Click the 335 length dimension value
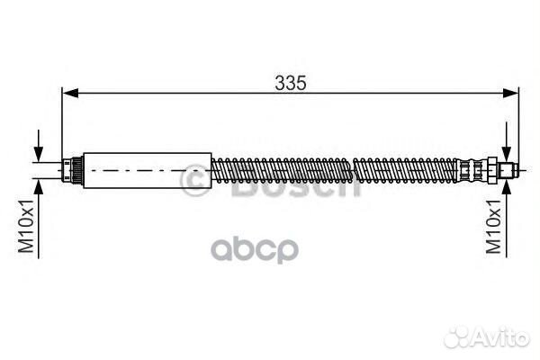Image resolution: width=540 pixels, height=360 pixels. [291, 83]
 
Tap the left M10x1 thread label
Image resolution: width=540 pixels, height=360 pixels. [26, 226]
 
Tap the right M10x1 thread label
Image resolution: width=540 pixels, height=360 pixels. [493, 226]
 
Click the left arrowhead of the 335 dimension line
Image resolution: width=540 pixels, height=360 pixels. [70, 93]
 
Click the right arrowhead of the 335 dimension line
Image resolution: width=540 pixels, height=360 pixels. [510, 93]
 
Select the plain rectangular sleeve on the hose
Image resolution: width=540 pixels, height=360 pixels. [148, 170]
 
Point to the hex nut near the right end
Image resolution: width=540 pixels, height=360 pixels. [491, 169]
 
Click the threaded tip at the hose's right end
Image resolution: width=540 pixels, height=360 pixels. [508, 170]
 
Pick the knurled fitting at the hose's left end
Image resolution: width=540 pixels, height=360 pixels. [73, 170]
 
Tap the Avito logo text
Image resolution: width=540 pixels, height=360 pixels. [501, 337]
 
